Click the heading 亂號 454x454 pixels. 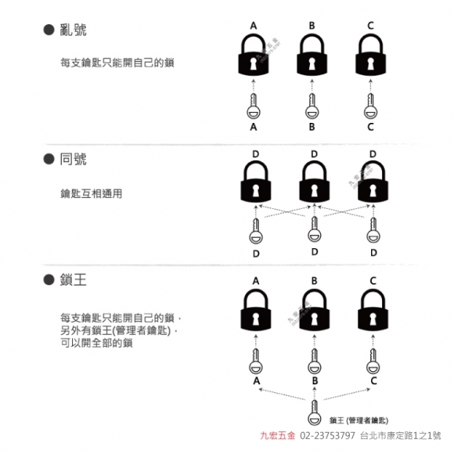click(73, 30)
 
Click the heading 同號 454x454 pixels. click(73, 159)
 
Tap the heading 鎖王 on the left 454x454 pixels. click(73, 279)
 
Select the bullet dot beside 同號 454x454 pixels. click(49, 159)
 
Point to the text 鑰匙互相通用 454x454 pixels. click(92, 193)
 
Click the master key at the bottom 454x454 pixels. click(315, 413)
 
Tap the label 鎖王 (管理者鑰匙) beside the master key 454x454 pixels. click(359, 420)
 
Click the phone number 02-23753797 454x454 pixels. click(327, 435)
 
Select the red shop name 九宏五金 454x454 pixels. click(278, 435)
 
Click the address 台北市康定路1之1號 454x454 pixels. click(401, 435)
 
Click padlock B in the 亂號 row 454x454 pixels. click(312, 55)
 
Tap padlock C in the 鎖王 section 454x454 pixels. click(373, 310)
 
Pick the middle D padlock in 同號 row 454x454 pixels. click(314, 182)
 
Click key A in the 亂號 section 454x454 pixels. click(254, 106)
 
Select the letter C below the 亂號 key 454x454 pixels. click(370, 127)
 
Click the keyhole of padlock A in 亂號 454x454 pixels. click(254, 64)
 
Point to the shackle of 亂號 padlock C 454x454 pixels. click(370, 44)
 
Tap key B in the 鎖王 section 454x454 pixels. click(315, 361)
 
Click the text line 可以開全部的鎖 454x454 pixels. click(96, 343)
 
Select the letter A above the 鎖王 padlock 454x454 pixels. click(256, 280)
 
